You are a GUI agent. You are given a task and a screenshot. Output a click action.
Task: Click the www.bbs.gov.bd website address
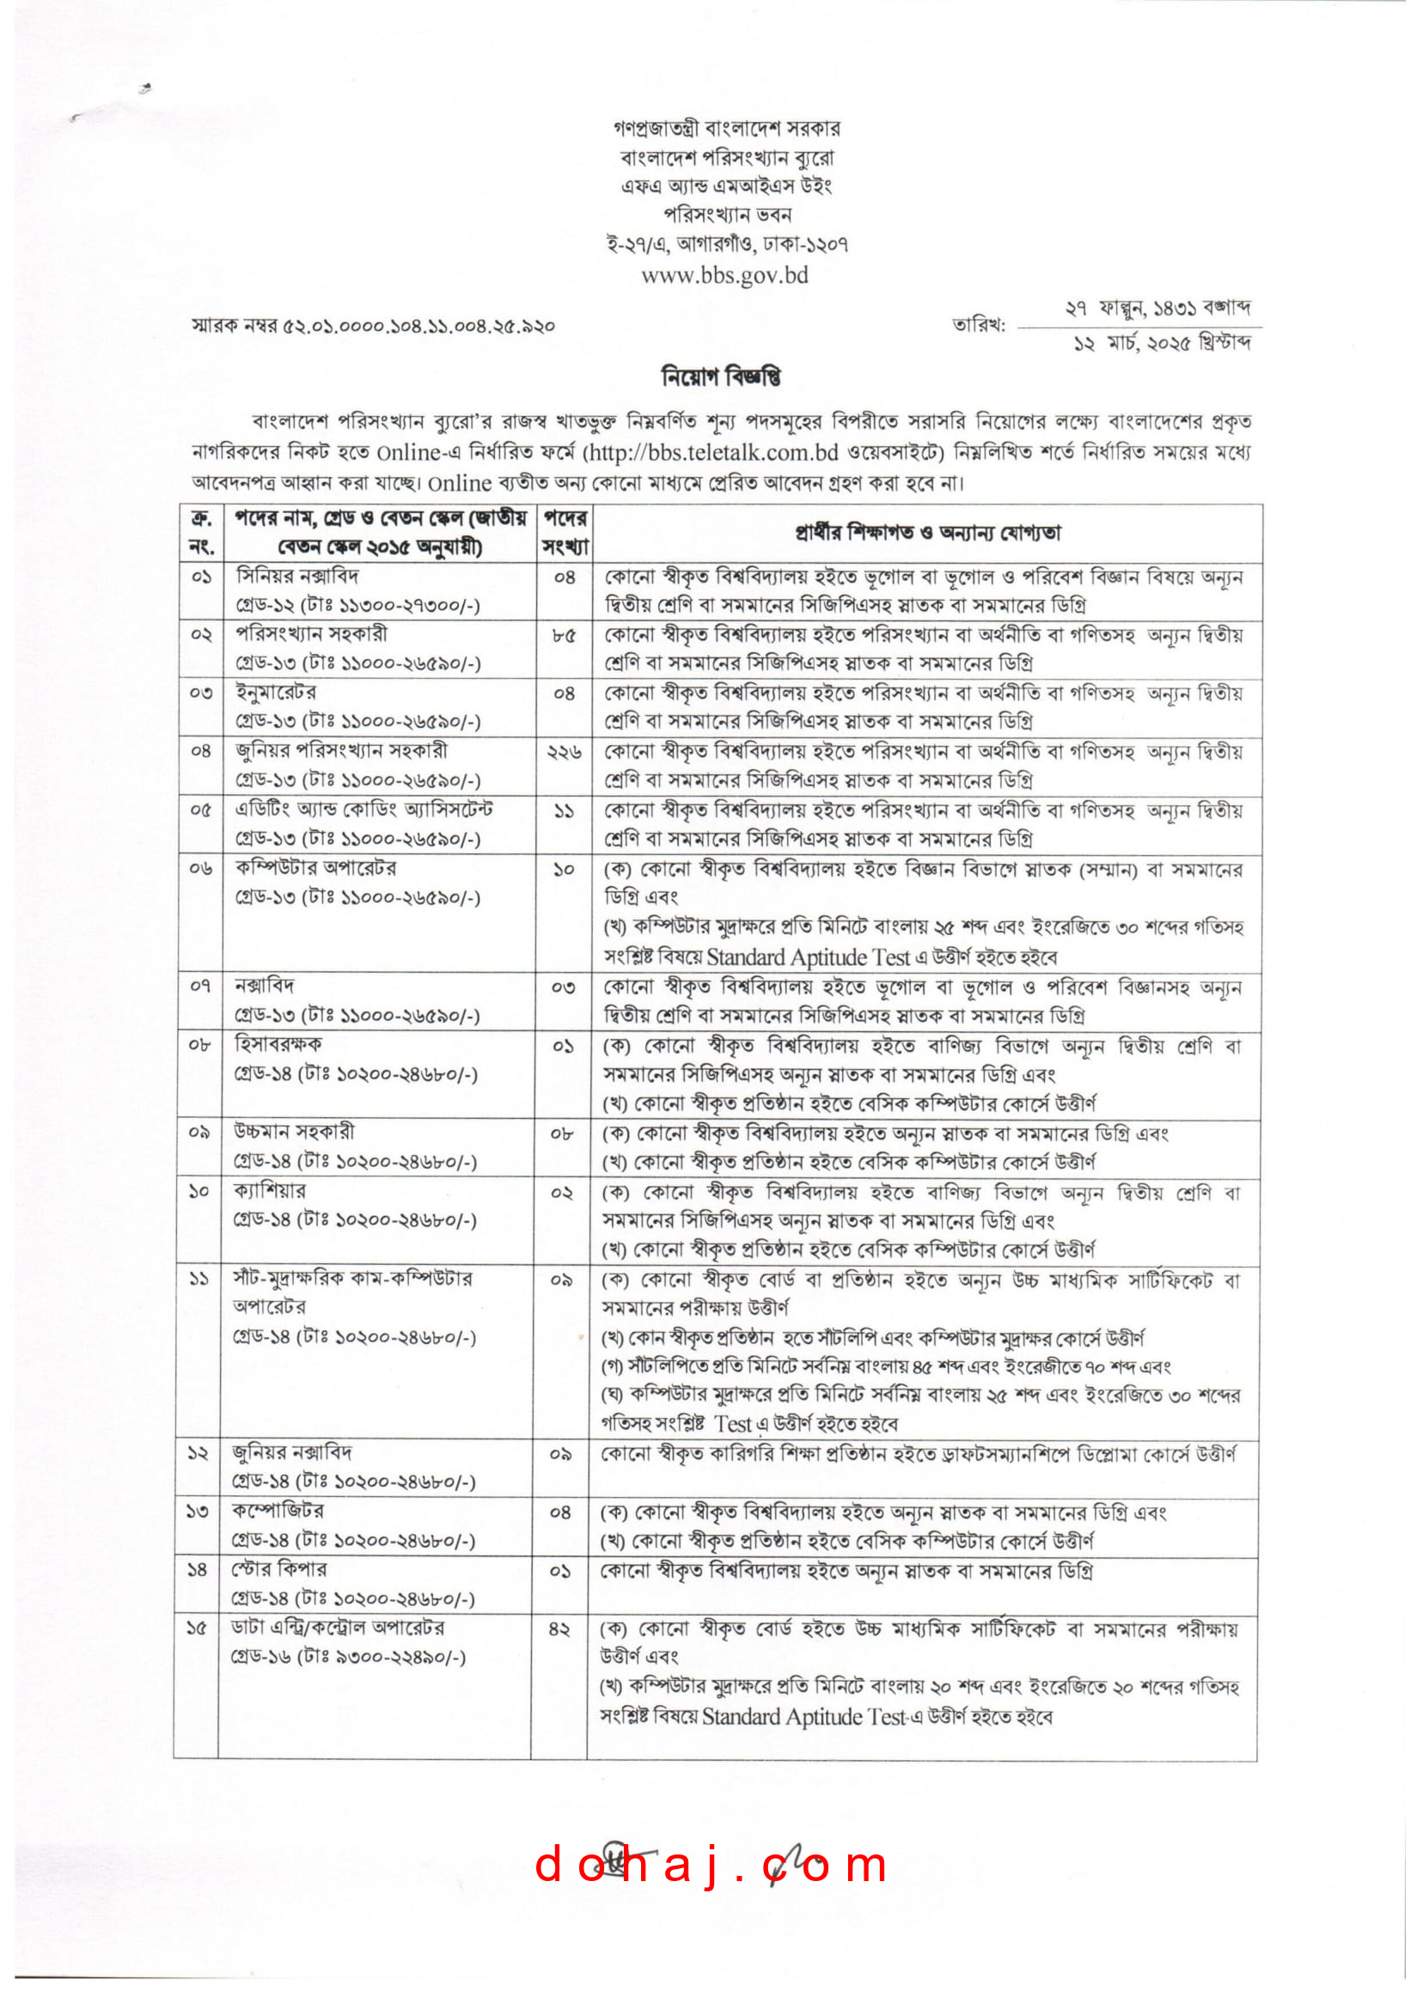pos(724,275)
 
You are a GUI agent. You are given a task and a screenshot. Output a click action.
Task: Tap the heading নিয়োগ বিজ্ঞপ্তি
pos(720,376)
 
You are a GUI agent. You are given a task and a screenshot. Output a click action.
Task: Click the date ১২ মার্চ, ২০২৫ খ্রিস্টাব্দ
pos(1163,343)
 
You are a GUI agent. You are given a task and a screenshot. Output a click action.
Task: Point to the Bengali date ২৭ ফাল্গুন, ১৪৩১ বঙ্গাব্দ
pos(1157,309)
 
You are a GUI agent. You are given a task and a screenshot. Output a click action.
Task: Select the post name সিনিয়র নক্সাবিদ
pos(297,577)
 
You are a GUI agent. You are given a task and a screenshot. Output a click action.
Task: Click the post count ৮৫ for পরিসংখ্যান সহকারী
pos(564,635)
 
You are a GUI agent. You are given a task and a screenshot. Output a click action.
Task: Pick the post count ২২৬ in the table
pos(564,752)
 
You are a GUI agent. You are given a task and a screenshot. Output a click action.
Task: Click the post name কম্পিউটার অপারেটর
pos(316,868)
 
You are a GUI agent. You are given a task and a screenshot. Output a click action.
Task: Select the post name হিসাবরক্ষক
pos(278,1044)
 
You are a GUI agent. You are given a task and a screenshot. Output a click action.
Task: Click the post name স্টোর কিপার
pos(279,1569)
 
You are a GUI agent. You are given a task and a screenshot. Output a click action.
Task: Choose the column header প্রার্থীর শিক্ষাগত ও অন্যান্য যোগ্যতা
pos(927,533)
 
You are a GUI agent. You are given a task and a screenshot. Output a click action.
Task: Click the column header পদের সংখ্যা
pos(565,533)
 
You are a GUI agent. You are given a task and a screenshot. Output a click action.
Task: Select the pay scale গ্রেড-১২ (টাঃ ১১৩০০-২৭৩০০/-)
pos(358,606)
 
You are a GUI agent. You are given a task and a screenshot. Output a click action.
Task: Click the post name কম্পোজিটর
pos(278,1512)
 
